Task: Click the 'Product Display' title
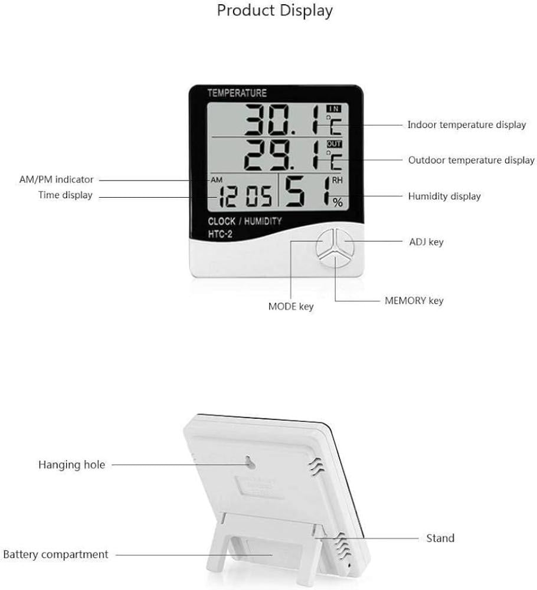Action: (275, 11)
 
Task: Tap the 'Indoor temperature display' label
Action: (467, 125)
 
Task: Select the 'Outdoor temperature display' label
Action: (471, 160)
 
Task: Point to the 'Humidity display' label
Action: (444, 196)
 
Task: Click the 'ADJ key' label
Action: (427, 242)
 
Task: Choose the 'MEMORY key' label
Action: (414, 301)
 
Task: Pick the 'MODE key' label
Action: (291, 307)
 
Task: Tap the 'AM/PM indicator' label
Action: (57, 179)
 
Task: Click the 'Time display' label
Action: (66, 195)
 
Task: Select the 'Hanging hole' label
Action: (71, 465)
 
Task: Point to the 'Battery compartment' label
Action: (55, 555)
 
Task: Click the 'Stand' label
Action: (440, 538)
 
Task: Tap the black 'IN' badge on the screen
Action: (334, 109)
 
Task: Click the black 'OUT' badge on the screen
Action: (334, 144)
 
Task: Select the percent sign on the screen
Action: (338, 202)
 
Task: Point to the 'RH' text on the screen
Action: (337, 181)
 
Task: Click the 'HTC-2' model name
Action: (220, 234)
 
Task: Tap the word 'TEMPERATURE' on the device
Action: (237, 93)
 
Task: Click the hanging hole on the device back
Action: (250, 463)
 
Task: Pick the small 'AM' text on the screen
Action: (217, 180)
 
